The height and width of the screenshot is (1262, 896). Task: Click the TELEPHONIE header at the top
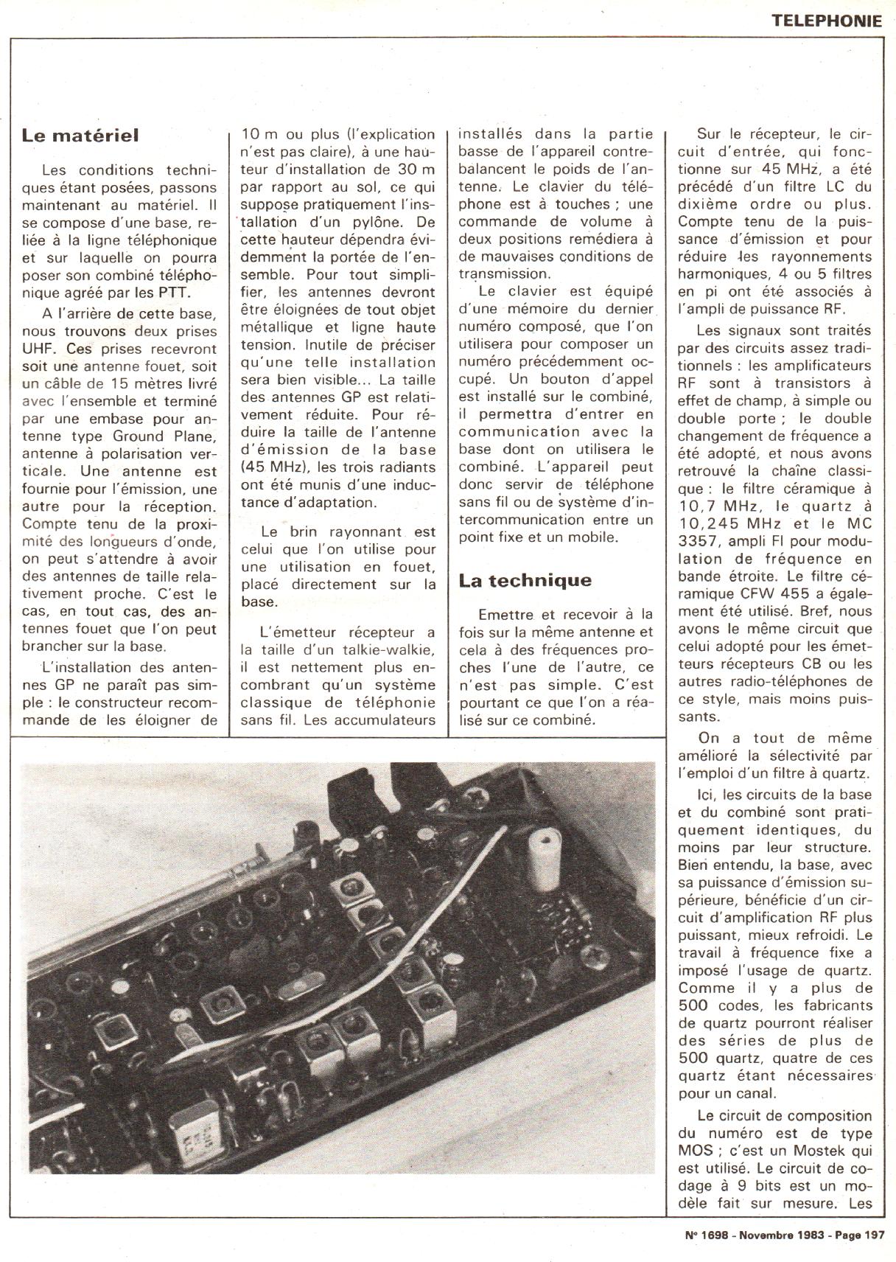click(827, 20)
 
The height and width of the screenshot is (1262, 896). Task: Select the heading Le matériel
click(80, 136)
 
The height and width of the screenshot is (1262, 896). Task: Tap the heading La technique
click(525, 580)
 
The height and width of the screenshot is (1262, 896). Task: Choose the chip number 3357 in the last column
click(701, 541)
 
